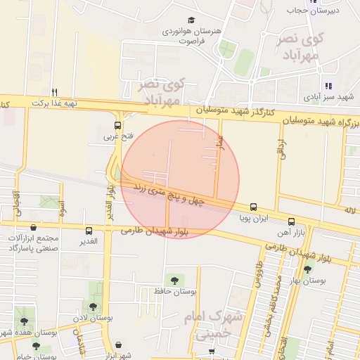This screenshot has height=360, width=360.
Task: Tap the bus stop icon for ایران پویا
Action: point(253,207)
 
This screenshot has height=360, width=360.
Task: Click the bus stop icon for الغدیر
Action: point(89,231)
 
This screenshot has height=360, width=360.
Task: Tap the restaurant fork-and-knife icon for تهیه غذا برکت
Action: point(54,92)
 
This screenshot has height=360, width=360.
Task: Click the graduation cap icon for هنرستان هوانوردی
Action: point(191,21)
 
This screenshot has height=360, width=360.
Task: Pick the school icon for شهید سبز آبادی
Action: point(328,86)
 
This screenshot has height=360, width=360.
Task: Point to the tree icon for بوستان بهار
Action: point(307,269)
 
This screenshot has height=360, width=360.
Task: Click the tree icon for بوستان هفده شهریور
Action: point(24,321)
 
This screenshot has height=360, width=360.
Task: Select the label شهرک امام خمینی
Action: point(216,326)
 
